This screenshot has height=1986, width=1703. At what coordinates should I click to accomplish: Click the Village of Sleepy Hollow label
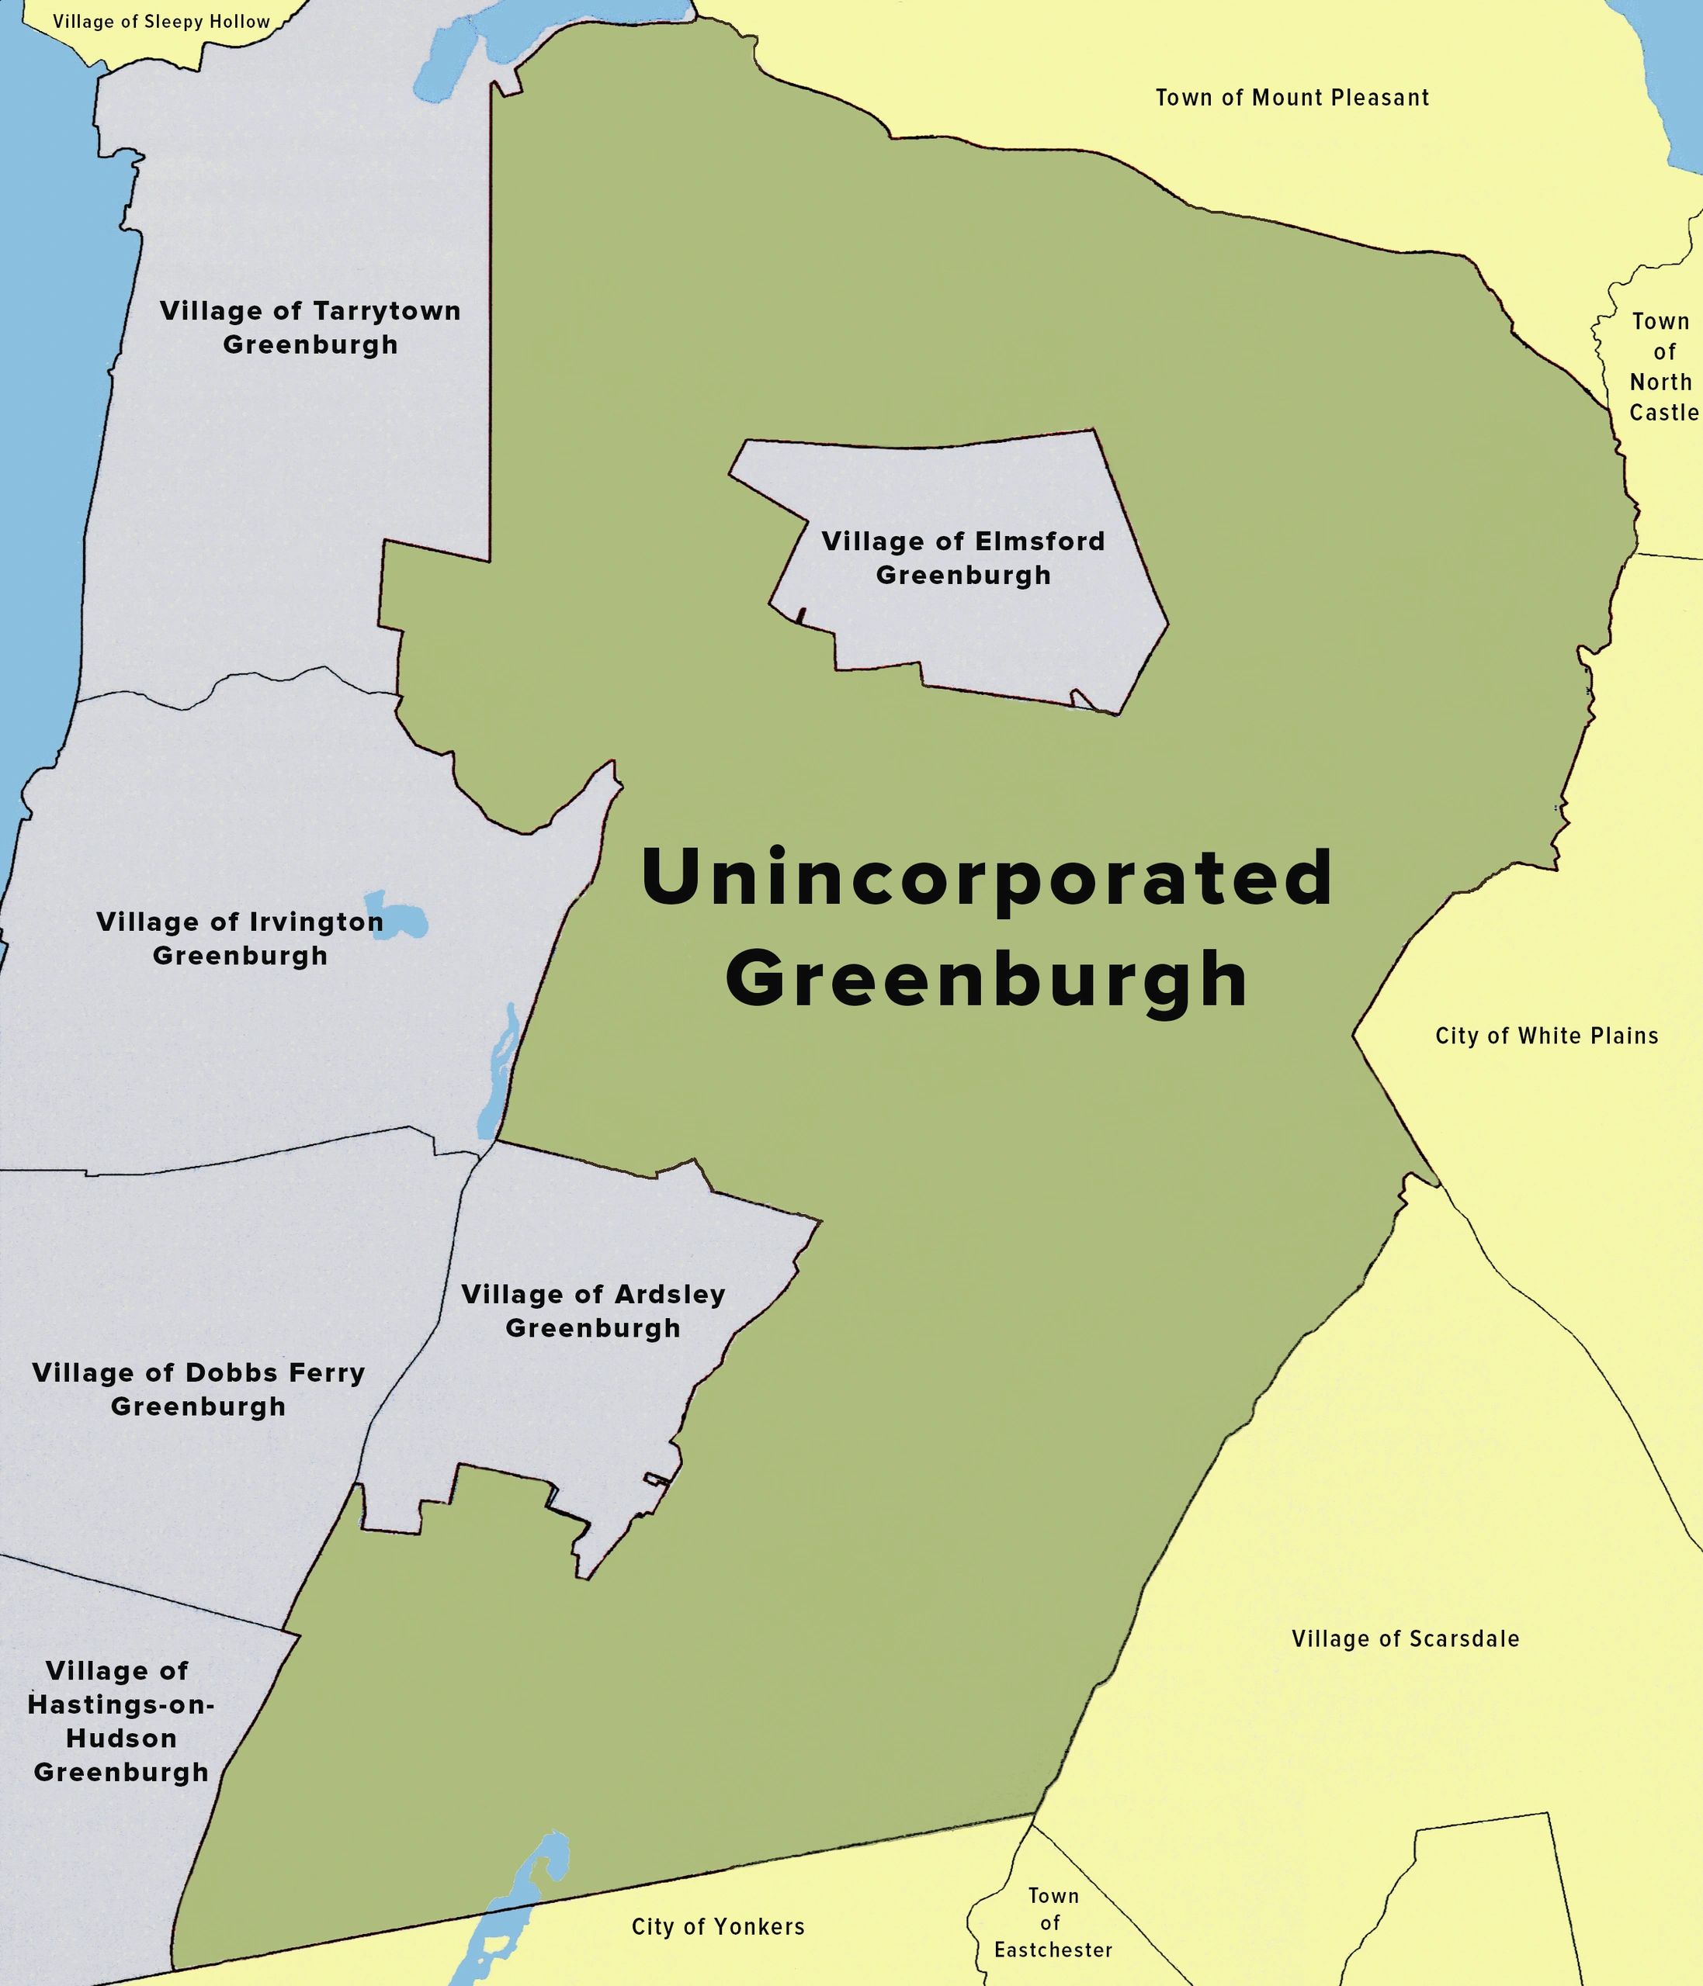(161, 22)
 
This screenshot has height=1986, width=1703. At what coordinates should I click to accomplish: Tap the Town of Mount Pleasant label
(1292, 98)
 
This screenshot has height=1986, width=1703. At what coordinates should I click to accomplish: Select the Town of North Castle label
(1663, 367)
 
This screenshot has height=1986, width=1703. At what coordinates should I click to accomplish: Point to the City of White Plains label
(1545, 1036)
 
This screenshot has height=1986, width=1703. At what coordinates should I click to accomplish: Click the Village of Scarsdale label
(1405, 1639)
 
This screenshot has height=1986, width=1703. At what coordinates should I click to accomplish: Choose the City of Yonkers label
(717, 1926)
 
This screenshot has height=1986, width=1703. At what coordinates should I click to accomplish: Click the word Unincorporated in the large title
(986, 878)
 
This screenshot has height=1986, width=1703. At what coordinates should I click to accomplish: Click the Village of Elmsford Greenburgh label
(962, 558)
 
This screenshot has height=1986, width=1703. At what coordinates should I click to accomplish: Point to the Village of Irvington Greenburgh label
(240, 939)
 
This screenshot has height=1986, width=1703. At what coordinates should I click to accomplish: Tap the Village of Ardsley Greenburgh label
(592, 1311)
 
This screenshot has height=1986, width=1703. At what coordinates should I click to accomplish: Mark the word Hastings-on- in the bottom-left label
(121, 1704)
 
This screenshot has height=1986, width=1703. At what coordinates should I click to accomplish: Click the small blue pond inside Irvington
(396, 915)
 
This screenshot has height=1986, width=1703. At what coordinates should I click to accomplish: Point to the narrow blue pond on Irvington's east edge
(498, 1074)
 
